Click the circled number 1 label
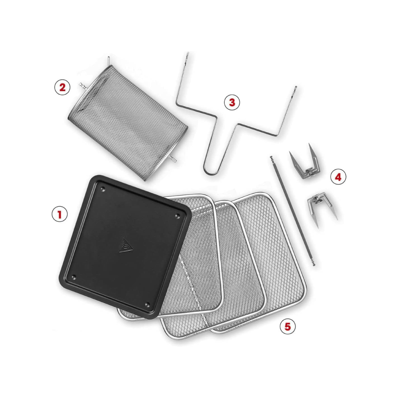(x=60, y=214)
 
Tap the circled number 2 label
(x=62, y=87)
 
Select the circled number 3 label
(x=232, y=102)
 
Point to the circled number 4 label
(x=338, y=177)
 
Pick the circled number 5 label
(x=288, y=326)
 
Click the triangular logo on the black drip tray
(x=126, y=246)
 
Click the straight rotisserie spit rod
(x=293, y=211)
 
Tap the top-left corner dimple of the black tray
(x=103, y=189)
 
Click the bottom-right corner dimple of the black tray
(x=147, y=304)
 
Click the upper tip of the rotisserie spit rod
(x=271, y=157)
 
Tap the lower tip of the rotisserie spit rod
(x=314, y=265)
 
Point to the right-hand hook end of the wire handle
(x=295, y=89)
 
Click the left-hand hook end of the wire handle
(x=187, y=55)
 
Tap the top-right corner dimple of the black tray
(x=178, y=216)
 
